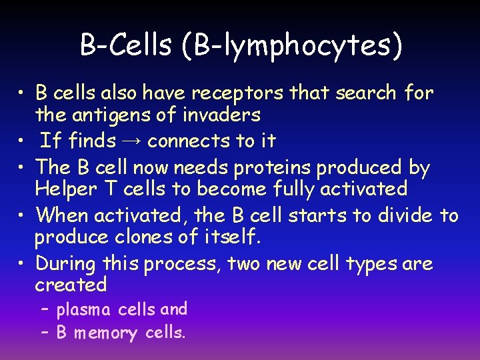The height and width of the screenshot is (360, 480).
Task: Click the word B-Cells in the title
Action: pos(124,45)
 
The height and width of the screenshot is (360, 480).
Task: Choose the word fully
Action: pos(293,189)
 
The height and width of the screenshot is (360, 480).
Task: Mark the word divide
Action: pos(407,215)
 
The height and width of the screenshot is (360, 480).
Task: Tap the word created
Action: pos(71,285)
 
